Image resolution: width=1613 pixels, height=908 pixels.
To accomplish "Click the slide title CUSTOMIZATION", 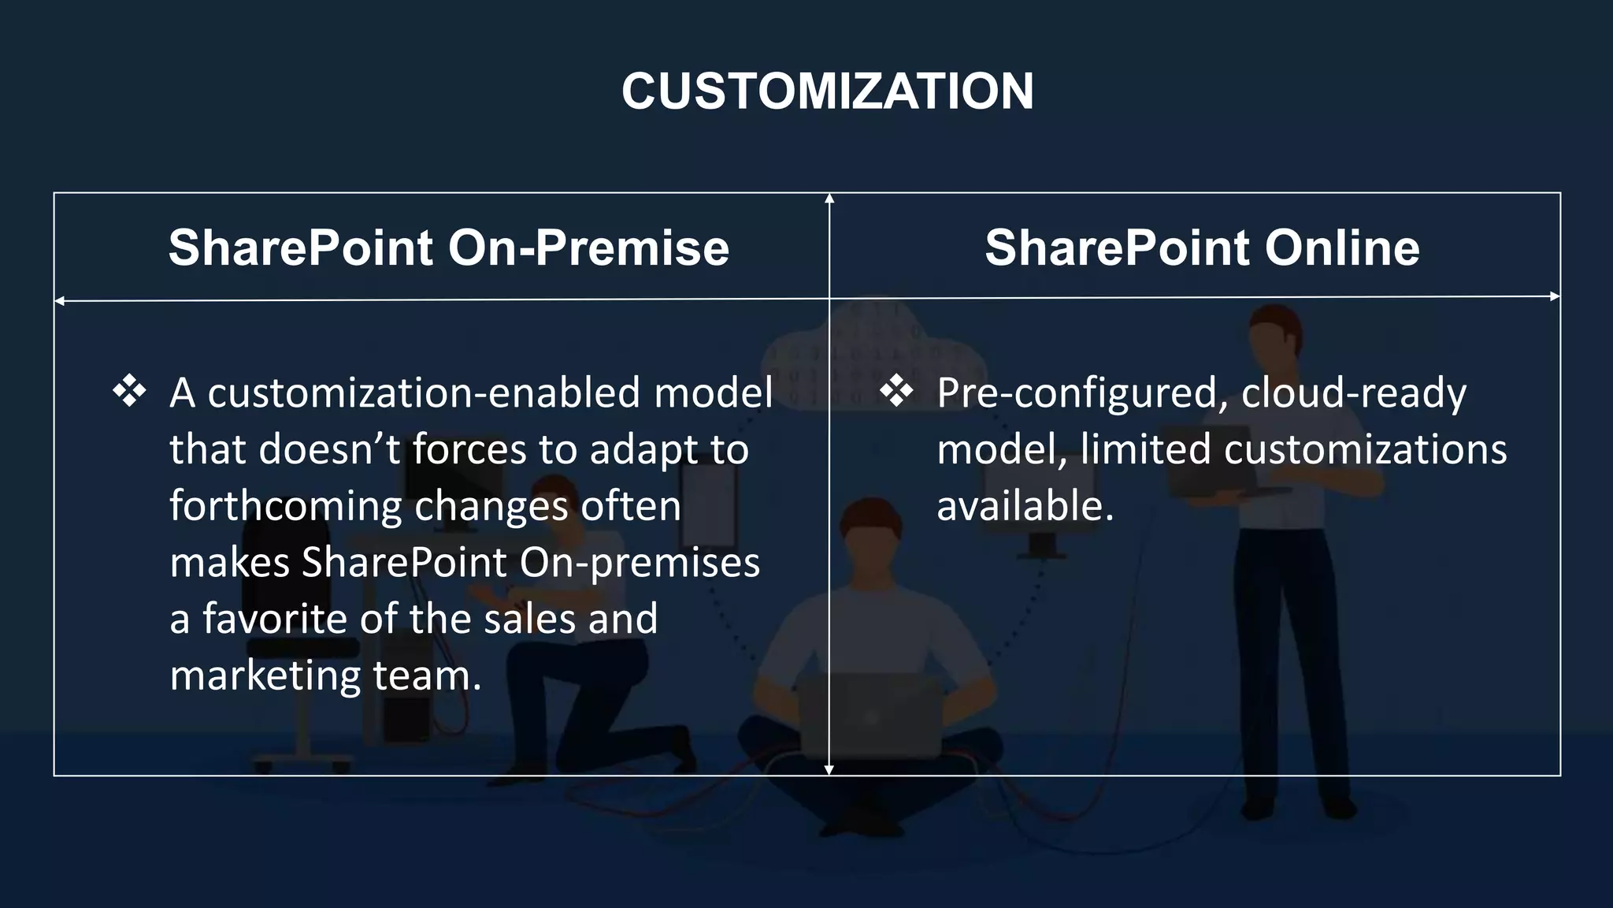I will [x=827, y=91].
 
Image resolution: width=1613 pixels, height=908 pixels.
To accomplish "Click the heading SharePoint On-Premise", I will [x=449, y=247].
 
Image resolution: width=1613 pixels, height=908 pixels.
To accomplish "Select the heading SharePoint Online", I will [x=1202, y=247].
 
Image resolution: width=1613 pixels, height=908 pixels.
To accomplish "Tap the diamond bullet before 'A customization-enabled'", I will [x=129, y=392].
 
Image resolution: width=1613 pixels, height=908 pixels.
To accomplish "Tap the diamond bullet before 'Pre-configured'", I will [x=896, y=392].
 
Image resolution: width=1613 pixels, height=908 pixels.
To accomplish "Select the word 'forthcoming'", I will [x=285, y=506].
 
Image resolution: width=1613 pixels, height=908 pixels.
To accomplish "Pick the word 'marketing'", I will [x=265, y=675].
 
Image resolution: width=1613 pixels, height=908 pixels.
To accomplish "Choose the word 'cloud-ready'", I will [x=1353, y=393].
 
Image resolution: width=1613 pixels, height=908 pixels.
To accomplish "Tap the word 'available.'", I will [x=1025, y=506].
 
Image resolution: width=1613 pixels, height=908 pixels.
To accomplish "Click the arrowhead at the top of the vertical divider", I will [x=829, y=198].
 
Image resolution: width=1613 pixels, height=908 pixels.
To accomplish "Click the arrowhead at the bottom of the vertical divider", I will [x=829, y=769].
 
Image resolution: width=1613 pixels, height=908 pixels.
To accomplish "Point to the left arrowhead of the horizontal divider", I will [x=59, y=301].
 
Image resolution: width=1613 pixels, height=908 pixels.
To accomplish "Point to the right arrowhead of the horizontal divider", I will [x=1555, y=296].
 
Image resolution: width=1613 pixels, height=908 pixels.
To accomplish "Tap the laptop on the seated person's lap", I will [x=870, y=713].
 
